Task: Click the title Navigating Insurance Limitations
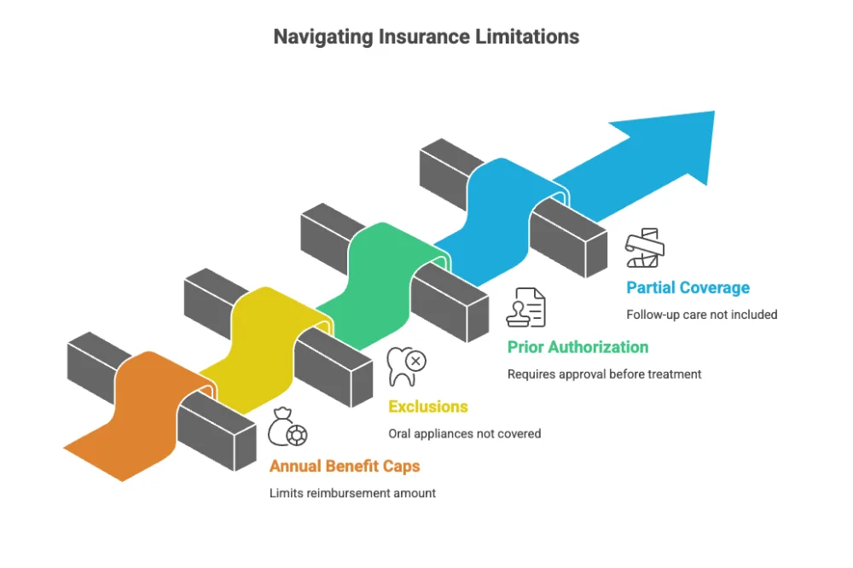(426, 37)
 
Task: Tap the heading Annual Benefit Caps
(345, 467)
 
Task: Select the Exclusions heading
(428, 407)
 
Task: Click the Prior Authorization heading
(577, 347)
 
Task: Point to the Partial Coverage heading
(688, 287)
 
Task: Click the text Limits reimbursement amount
(352, 493)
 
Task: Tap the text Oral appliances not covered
(464, 433)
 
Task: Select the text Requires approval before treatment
(604, 374)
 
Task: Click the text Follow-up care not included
(701, 314)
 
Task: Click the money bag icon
(287, 427)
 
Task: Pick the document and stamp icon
(525, 308)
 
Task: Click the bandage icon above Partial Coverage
(645, 248)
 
